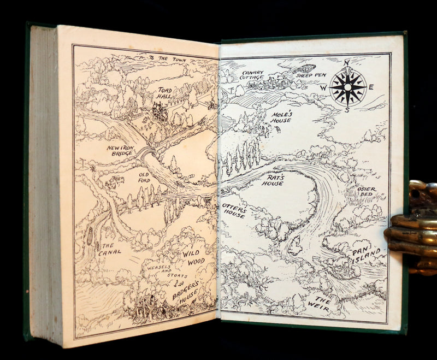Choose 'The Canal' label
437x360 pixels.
point(107,250)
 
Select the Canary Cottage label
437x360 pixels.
point(252,75)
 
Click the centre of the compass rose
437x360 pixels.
point(347,87)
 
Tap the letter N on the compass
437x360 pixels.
point(345,63)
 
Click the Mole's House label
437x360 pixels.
point(282,117)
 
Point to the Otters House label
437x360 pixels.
point(234,211)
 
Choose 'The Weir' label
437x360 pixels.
point(320,304)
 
